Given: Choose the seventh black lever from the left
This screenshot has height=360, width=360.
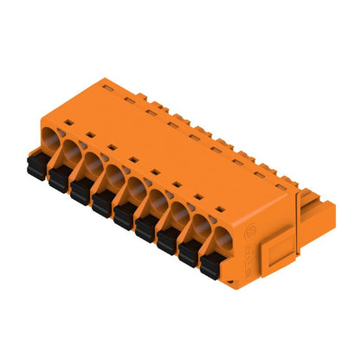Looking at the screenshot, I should coord(167,239).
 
